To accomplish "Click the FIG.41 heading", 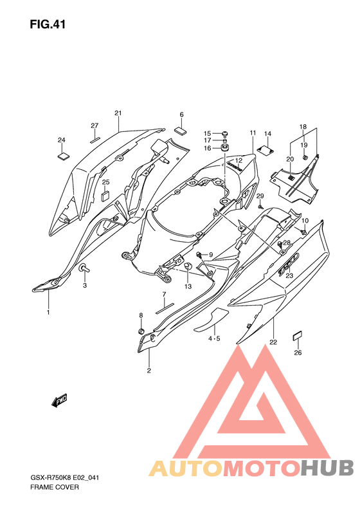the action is (x=48, y=24).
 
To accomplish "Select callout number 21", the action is (x=118, y=113).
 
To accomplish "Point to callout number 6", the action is (x=182, y=115).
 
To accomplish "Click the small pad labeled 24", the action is (x=64, y=156).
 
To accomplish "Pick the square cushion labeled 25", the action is (x=105, y=196).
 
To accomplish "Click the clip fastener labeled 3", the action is (x=84, y=268).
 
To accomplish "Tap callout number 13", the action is (x=188, y=286).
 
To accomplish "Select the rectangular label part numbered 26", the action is (x=298, y=336).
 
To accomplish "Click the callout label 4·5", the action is (x=214, y=338).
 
